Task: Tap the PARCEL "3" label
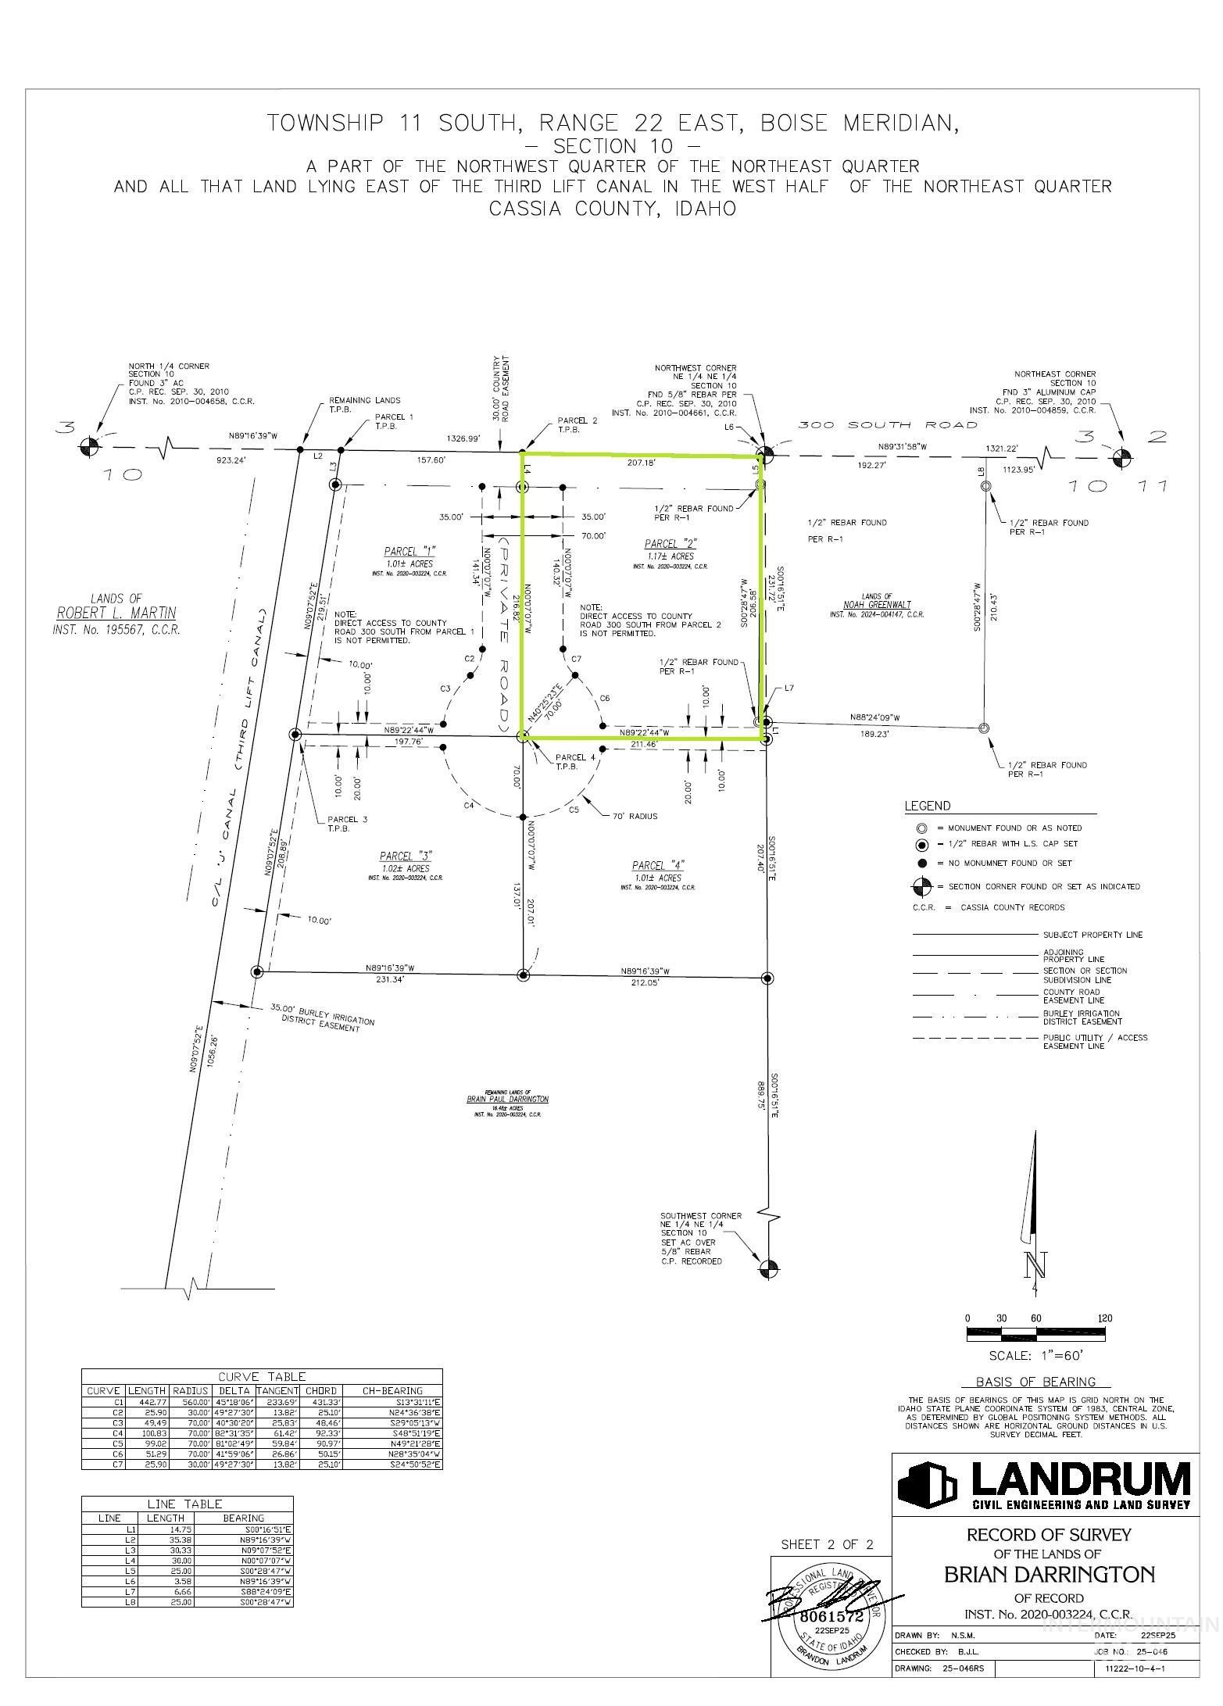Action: tap(406, 856)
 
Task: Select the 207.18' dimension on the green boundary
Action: tap(640, 463)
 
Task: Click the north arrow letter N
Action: tap(1036, 1263)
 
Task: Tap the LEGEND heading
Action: tap(928, 806)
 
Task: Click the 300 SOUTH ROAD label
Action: tap(887, 424)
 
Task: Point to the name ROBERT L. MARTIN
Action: tap(116, 613)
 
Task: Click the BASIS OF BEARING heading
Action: tap(1035, 1382)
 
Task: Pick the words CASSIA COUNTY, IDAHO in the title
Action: tap(612, 209)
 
